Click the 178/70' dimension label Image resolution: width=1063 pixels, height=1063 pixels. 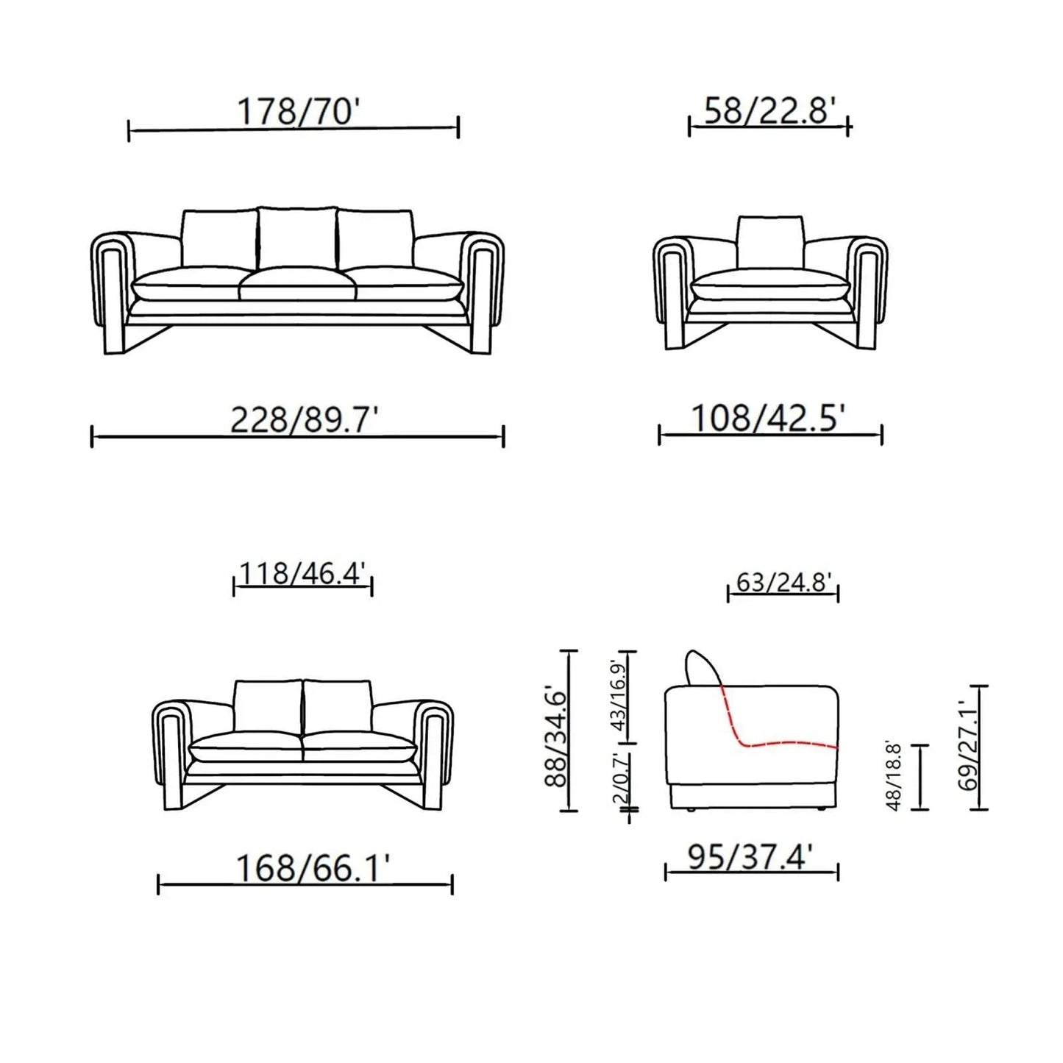coord(297,113)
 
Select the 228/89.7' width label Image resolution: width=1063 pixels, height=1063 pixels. coord(304,421)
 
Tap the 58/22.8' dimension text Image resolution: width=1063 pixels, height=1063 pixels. coord(769,111)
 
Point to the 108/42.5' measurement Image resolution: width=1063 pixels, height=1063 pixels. coord(767,419)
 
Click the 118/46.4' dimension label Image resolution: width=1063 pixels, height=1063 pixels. coord(302,573)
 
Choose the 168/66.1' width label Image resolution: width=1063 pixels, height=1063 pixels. coord(312,869)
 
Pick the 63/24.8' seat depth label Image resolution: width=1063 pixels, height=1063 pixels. coord(783,583)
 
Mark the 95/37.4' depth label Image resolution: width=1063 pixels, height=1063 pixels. coord(750,857)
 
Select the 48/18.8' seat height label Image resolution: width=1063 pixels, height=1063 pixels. coord(894,775)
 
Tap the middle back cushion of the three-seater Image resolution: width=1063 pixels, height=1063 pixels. coord(296,238)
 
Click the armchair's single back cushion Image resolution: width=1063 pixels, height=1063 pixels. coord(769,242)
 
